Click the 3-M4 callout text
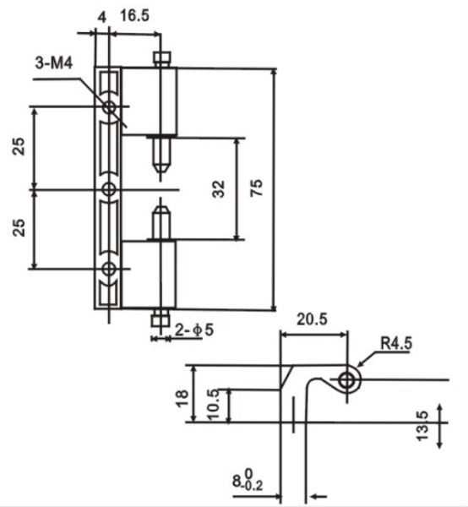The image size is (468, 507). pyautogui.click(x=54, y=63)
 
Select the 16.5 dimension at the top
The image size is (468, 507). pyautogui.click(x=135, y=15)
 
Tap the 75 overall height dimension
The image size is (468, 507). pyautogui.click(x=257, y=188)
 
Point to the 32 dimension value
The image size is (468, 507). pyautogui.click(x=219, y=188)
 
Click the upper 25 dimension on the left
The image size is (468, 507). pyautogui.click(x=19, y=146)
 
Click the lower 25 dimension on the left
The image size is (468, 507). pyautogui.click(x=19, y=227)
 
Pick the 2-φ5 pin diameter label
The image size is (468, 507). pyautogui.click(x=194, y=330)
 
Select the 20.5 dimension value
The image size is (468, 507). pyautogui.click(x=312, y=319)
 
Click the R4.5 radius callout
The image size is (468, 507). pyautogui.click(x=396, y=343)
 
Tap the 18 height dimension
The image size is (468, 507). pyautogui.click(x=182, y=398)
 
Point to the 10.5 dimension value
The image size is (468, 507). pyautogui.click(x=213, y=405)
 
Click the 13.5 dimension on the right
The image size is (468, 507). pyautogui.click(x=422, y=426)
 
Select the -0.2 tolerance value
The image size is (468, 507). pyautogui.click(x=253, y=486)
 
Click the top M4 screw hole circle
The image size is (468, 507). pyautogui.click(x=110, y=106)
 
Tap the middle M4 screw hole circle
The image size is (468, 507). pyautogui.click(x=109, y=189)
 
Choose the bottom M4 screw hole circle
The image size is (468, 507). pyautogui.click(x=109, y=269)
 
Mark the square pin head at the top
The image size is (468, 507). pyautogui.click(x=161, y=57)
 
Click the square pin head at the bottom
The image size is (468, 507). pyautogui.click(x=161, y=319)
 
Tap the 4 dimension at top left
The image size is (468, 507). pyautogui.click(x=102, y=17)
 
